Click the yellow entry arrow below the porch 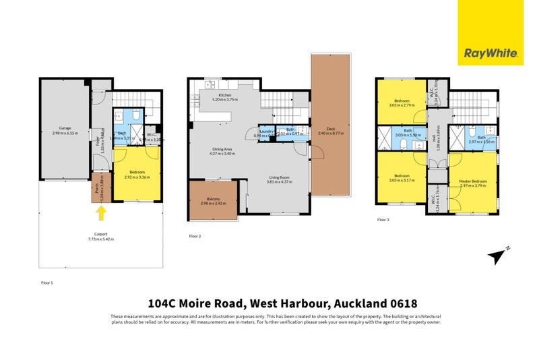tap(101, 214)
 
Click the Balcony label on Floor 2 tap(213, 200)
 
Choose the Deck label tap(330, 130)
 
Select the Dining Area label tap(222, 150)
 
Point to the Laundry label tap(266, 130)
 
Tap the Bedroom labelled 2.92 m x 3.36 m tap(137, 175)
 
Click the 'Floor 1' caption tap(46, 282)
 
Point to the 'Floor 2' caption tap(195, 237)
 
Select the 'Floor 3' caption tap(383, 220)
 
